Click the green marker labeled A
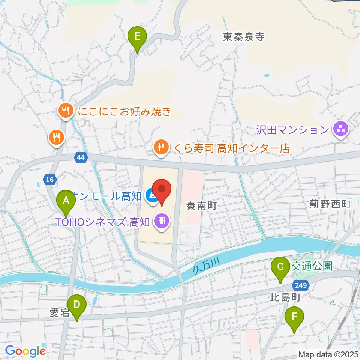[x=66, y=201]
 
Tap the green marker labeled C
[x=280, y=267]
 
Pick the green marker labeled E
[x=137, y=37]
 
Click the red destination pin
[x=162, y=189]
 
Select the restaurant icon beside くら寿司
[x=161, y=147]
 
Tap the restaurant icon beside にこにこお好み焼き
[x=66, y=111]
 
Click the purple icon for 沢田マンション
[x=340, y=130]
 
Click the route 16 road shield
[x=49, y=180]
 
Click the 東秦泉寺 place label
[x=244, y=37]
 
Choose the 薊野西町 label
[x=330, y=204]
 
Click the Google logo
[x=25, y=351]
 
